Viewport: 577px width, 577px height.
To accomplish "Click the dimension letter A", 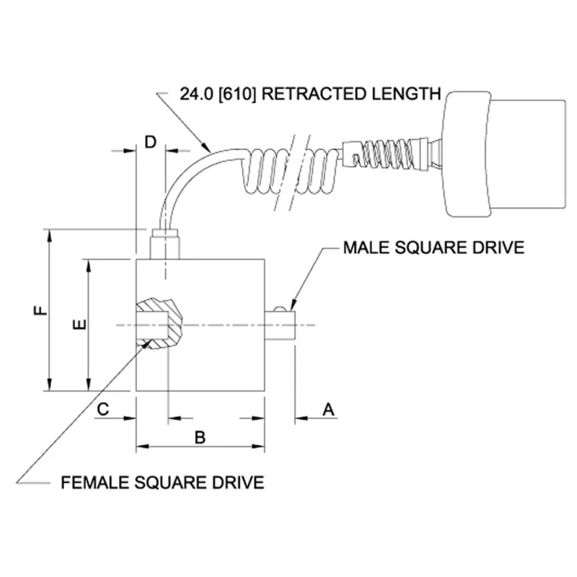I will (x=328, y=409).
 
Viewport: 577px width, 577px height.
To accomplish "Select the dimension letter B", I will (x=201, y=436).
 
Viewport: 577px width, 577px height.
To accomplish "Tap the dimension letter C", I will (x=103, y=409).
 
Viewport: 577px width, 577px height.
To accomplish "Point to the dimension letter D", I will (x=150, y=141).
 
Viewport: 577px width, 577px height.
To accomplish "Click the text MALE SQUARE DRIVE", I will (x=433, y=248).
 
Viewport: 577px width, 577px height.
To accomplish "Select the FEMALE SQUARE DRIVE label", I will (x=162, y=482).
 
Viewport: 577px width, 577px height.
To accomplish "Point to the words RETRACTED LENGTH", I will (x=353, y=94).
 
